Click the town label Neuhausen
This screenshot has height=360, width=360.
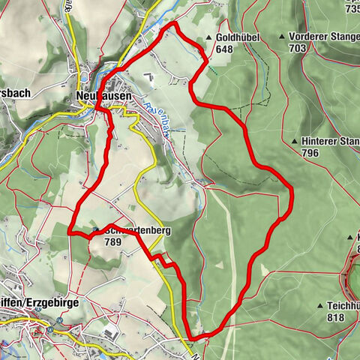click(x=104, y=96)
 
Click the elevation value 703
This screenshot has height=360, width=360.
click(x=298, y=48)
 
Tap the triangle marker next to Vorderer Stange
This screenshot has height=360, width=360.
click(x=282, y=36)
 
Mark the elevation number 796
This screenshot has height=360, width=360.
click(x=310, y=153)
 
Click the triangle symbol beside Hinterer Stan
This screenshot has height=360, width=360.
click(x=293, y=141)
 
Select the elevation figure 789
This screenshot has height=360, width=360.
click(x=114, y=242)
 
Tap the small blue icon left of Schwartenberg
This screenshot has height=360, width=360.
click(x=96, y=230)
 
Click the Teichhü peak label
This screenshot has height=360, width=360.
click(x=343, y=306)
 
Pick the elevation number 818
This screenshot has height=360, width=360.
click(x=335, y=317)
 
